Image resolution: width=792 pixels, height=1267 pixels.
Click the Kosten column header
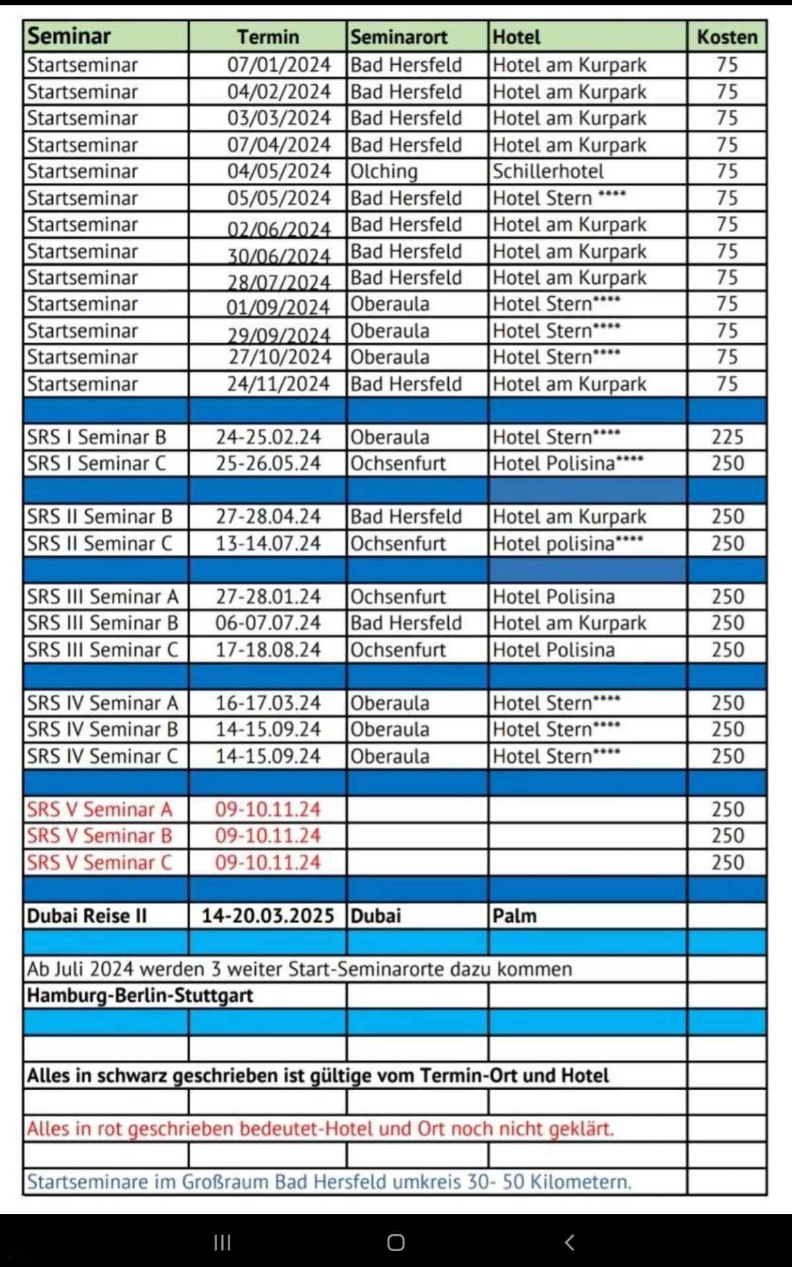coord(727,37)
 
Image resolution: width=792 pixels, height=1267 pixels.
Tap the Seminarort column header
coord(399,37)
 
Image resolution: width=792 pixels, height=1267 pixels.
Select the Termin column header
coord(268,37)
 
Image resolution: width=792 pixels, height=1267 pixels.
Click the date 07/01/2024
coord(279,65)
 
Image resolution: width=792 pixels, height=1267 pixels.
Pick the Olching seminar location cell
coord(384,172)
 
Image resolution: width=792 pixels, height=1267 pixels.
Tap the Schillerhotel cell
coord(548,172)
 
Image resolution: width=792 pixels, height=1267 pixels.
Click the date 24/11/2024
coord(278,384)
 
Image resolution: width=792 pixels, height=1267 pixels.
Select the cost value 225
coord(727,437)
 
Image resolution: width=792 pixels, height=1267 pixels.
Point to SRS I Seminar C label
coord(96,463)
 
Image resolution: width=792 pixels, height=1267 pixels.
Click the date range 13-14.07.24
coord(268,544)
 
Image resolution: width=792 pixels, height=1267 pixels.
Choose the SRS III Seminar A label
coord(103,597)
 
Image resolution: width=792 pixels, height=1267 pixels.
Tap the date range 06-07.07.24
coord(268,623)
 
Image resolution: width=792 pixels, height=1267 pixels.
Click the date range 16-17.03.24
coord(268,703)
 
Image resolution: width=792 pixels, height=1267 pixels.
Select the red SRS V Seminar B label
coord(100,836)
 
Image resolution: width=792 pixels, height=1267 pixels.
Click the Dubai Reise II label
coord(86,916)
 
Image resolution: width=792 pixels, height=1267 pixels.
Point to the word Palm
coord(514,916)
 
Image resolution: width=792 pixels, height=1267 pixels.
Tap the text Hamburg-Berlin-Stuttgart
coord(140,995)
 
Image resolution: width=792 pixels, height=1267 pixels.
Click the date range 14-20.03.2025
coord(268,916)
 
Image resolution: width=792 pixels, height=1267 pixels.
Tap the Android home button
coord(396,1243)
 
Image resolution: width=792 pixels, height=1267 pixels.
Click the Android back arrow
coord(570,1243)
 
